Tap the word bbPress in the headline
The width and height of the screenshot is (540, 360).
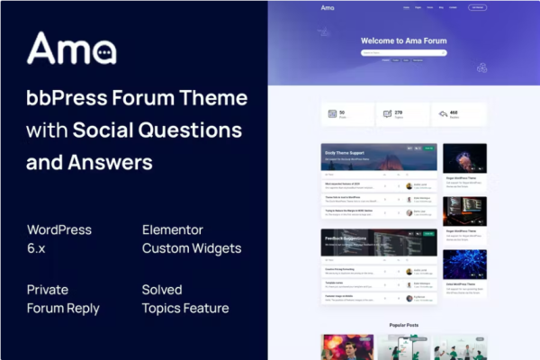61,97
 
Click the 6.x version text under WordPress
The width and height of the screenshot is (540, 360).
38,248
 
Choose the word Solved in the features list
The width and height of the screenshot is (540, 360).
162,290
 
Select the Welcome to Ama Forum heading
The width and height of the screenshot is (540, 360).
403,40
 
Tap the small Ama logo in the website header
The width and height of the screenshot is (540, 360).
328,8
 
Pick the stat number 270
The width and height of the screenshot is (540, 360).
399,112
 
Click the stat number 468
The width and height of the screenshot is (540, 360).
453,112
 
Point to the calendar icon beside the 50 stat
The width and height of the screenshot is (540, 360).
332,114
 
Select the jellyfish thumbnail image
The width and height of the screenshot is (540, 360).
464,158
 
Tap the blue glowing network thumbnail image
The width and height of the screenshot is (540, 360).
464,265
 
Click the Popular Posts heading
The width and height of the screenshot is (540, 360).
404,324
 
